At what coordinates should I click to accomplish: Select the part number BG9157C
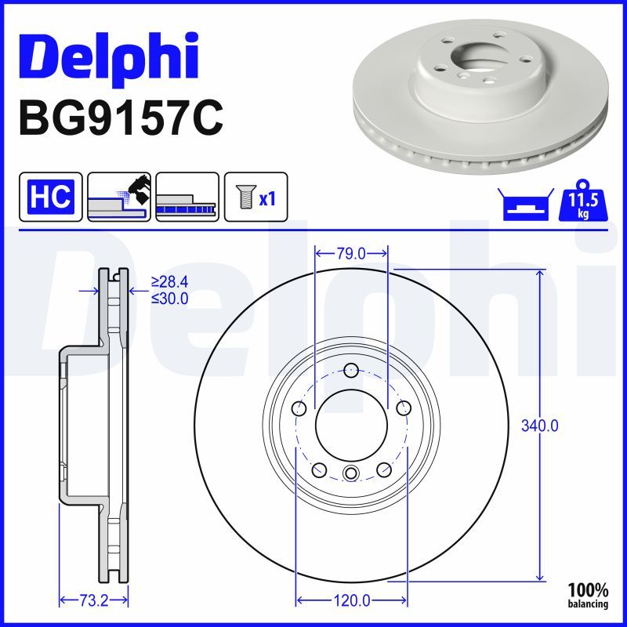121,118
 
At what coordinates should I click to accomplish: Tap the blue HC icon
50,196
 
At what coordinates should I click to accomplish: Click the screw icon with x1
256,196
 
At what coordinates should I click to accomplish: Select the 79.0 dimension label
351,253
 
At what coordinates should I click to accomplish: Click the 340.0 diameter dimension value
540,426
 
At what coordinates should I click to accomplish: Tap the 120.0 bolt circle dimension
352,601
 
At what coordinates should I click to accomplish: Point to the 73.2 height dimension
92,601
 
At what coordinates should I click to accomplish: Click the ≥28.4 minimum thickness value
170,282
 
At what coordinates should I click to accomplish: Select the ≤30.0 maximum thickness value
170,298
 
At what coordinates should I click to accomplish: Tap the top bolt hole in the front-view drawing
351,371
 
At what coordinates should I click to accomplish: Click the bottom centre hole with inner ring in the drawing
351,473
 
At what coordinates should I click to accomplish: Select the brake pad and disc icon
118,196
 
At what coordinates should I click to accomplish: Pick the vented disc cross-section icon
187,196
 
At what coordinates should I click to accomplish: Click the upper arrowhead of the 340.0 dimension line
540,274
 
